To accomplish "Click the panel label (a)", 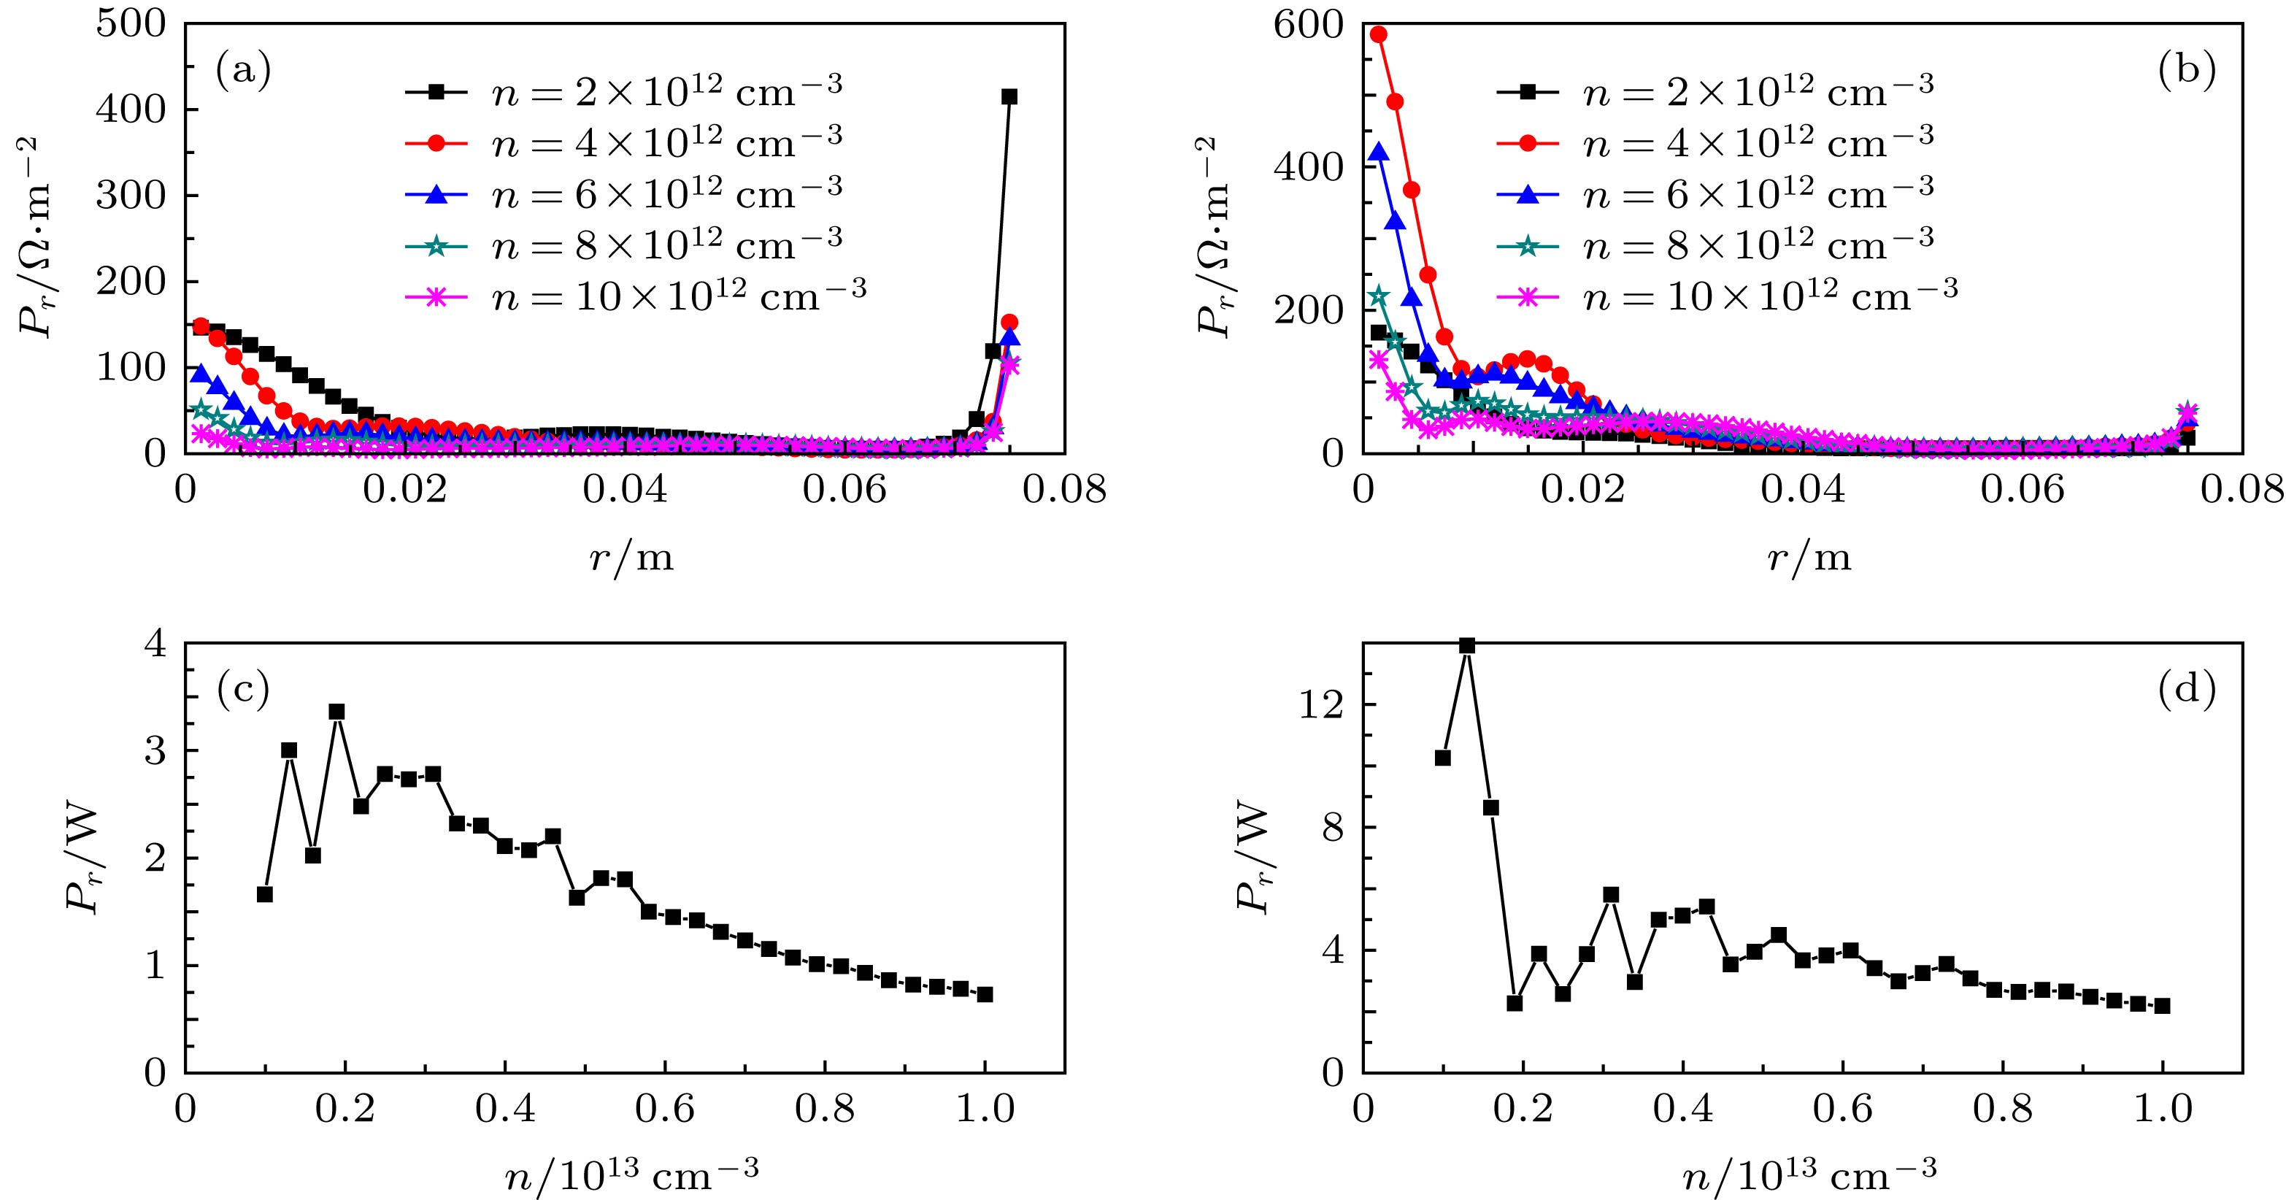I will pos(242,72).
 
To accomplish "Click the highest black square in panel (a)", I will pos(1009,97).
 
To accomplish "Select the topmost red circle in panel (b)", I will pos(1378,34).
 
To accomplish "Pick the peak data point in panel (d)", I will pos(1467,645).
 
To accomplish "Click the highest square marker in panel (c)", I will pos(336,712).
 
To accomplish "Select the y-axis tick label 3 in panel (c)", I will pos(156,751).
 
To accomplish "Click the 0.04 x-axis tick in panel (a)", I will pos(624,491).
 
